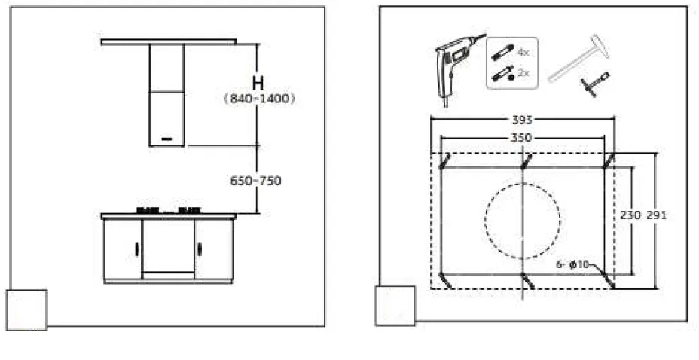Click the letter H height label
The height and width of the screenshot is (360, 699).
[258, 84]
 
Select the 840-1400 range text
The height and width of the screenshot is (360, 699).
[259, 99]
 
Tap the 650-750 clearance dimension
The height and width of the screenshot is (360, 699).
[255, 181]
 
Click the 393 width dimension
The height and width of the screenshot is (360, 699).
[522, 120]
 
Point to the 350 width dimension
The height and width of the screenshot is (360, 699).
[521, 138]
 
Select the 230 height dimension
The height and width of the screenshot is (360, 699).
[630, 215]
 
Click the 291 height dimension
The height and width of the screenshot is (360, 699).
[657, 215]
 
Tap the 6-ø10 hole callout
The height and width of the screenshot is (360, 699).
[572, 264]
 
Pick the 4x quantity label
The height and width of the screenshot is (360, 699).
[523, 52]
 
